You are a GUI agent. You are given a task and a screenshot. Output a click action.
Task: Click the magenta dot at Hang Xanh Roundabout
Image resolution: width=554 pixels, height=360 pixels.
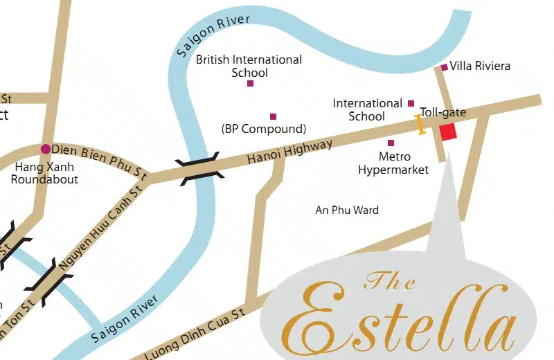pyautogui.click(x=46, y=149)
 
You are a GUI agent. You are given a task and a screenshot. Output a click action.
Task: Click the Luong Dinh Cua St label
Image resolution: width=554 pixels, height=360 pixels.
pyautogui.click(x=196, y=336)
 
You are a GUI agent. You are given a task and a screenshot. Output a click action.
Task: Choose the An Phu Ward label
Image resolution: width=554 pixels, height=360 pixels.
pyautogui.click(x=347, y=210)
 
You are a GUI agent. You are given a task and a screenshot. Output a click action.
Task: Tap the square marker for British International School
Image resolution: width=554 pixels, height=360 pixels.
pyautogui.click(x=250, y=84)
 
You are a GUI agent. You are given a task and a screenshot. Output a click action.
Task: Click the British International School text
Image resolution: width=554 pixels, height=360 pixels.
pyautogui.click(x=249, y=66)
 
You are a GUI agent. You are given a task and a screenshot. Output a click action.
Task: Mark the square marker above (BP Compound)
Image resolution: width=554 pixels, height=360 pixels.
pyautogui.click(x=273, y=116)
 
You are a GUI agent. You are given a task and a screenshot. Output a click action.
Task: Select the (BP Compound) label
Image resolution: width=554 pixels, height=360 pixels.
pyautogui.click(x=263, y=129)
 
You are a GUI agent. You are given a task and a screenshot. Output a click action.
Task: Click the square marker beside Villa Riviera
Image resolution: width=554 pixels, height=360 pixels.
pyautogui.click(x=444, y=67)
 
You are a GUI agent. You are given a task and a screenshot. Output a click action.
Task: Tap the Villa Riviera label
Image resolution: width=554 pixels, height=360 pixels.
pyautogui.click(x=480, y=66)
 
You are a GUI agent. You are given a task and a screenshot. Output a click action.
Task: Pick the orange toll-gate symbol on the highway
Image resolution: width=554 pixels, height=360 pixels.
pyautogui.click(x=419, y=124)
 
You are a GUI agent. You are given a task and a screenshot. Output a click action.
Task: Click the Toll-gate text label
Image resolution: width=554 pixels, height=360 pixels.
pyautogui.click(x=443, y=112)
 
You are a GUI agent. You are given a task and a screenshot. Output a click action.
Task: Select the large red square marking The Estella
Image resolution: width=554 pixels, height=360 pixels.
pyautogui.click(x=448, y=132)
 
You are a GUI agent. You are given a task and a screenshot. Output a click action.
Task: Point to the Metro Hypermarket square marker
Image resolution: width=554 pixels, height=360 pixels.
pyautogui.click(x=391, y=143)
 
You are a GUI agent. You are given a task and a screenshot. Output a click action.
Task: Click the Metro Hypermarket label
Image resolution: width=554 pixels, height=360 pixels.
pyautogui.click(x=393, y=163)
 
